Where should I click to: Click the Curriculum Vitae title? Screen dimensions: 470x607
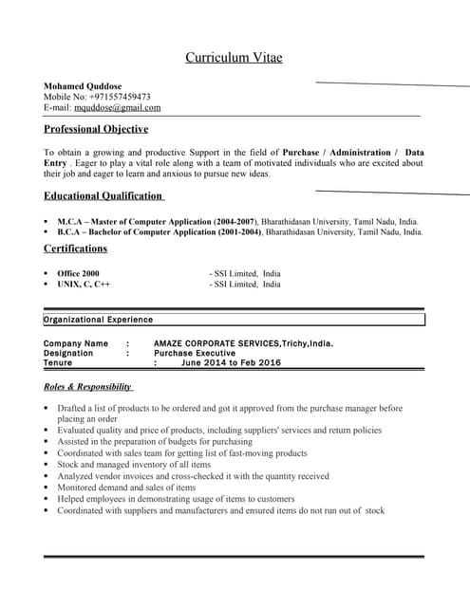(x=234, y=59)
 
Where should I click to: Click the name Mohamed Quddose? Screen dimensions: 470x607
(x=83, y=85)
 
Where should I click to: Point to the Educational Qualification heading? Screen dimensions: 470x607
(x=103, y=196)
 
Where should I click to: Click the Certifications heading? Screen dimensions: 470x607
(x=75, y=248)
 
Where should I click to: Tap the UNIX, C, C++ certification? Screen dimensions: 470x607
(x=84, y=285)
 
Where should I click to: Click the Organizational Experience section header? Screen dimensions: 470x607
(x=98, y=320)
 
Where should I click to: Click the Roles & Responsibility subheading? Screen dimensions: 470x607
(x=88, y=387)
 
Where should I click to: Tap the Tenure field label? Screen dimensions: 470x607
(x=65, y=362)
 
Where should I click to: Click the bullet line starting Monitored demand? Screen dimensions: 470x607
(x=125, y=487)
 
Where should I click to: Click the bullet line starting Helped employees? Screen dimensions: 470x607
(x=175, y=499)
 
